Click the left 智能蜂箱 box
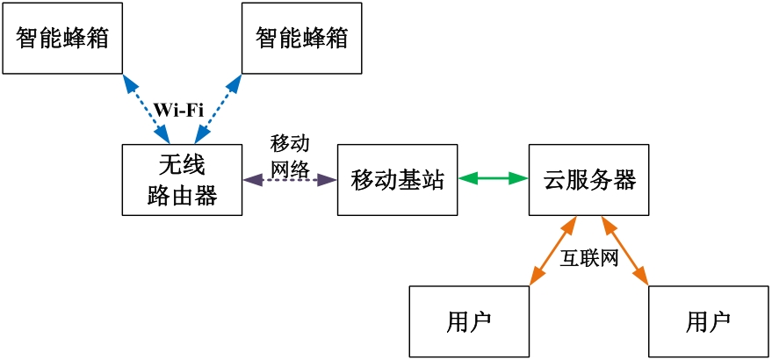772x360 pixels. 61,39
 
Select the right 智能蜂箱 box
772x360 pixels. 301,39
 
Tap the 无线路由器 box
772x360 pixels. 182,179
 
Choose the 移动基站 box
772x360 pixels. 398,180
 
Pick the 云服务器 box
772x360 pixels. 589,180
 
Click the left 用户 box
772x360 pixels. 470,321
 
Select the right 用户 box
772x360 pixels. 708,321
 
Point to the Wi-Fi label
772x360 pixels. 179,110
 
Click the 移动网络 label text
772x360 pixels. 290,155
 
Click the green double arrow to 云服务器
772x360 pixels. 494,179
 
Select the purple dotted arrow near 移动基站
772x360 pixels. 290,180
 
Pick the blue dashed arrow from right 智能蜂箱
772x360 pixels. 217,108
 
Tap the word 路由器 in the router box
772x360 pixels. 182,195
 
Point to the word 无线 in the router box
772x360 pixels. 182,164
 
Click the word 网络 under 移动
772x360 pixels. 290,169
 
